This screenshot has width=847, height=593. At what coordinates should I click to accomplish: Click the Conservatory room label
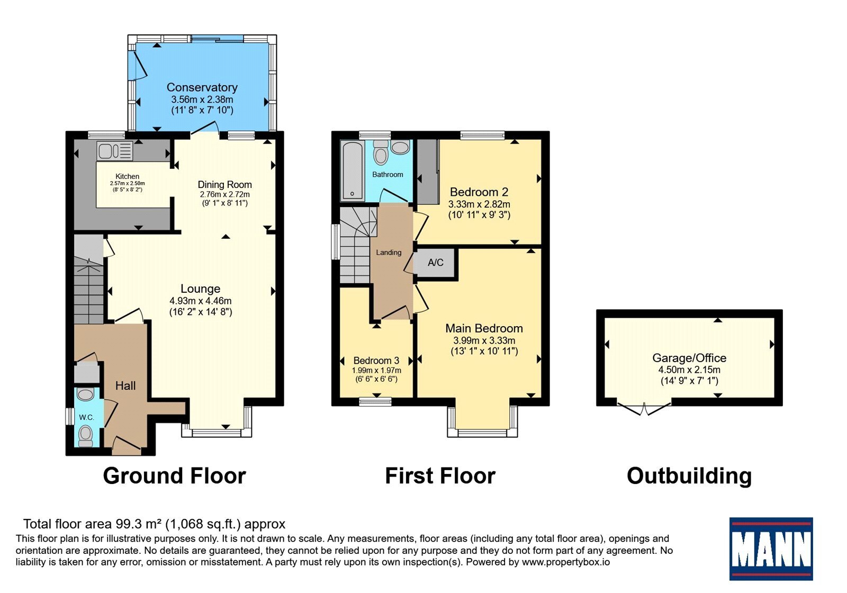tap(202, 87)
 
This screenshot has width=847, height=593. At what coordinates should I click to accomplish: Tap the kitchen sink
tap(114, 151)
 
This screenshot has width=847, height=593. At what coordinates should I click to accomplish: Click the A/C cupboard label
tap(435, 263)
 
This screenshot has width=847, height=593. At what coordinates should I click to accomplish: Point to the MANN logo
tap(771, 549)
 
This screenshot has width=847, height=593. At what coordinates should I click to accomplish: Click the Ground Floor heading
tap(174, 476)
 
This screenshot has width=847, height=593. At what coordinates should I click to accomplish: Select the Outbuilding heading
tap(689, 476)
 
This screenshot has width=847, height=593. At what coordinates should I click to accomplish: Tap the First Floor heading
tap(440, 476)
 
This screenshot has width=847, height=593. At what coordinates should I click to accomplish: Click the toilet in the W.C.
tap(85, 436)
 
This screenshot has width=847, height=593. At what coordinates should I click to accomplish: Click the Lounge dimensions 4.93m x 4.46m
tap(201, 301)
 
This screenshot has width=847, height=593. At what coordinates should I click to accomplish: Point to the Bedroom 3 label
tap(376, 361)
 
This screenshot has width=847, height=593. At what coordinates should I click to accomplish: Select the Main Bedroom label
tap(484, 328)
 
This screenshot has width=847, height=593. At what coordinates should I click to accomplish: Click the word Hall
tap(125, 386)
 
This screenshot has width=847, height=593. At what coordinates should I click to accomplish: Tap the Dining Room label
tap(224, 185)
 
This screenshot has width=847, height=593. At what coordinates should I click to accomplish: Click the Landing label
tap(389, 253)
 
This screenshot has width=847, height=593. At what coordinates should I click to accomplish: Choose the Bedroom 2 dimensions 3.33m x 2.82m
tap(479, 204)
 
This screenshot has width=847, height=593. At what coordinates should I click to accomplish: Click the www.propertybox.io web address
tap(566, 562)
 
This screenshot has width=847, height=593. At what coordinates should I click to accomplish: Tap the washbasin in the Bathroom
tap(400, 147)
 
